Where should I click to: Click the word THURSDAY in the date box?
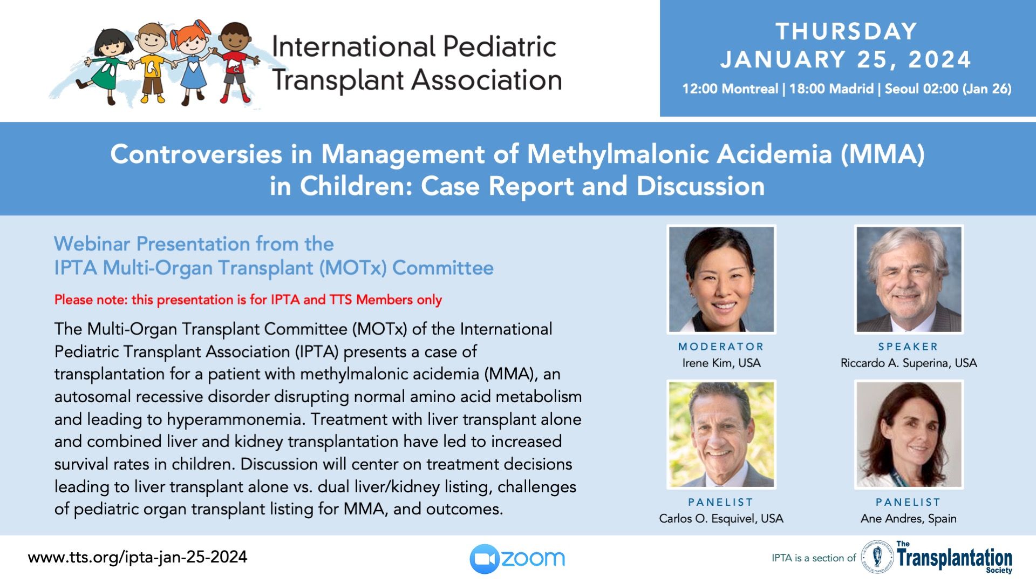[x=846, y=31]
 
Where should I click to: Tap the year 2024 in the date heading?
[x=939, y=59]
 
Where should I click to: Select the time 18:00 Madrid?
[x=831, y=89]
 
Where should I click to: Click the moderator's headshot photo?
[x=721, y=279]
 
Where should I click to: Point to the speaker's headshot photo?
[x=909, y=279]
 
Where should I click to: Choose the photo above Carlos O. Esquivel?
[x=721, y=435]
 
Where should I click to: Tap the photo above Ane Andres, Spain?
[x=909, y=435]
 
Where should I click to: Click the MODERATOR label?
[x=721, y=347]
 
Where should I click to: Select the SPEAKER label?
[x=908, y=347]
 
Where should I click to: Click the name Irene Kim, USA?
[x=721, y=363]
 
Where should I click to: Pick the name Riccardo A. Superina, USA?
[x=909, y=363]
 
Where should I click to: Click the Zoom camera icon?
[x=485, y=559]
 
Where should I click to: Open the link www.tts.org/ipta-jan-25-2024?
[x=138, y=557]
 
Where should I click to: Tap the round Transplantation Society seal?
[x=877, y=557]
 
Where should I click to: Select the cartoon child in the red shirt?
[x=235, y=62]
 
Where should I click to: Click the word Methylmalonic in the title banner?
[x=617, y=154]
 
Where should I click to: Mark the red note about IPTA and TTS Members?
[x=248, y=300]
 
